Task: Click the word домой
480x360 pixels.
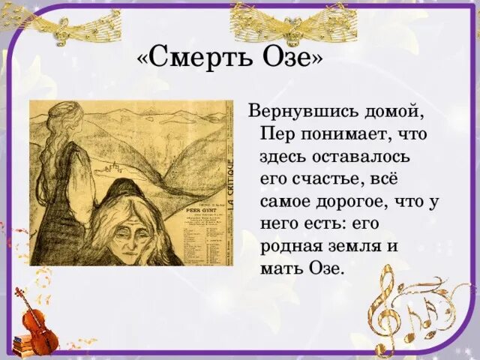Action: click(398, 112)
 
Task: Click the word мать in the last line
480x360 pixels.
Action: click(283, 268)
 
